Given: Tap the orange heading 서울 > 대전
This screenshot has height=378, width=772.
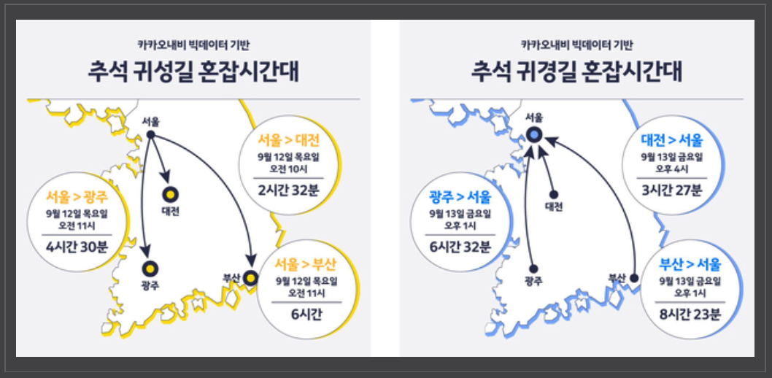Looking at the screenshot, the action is coord(289,141).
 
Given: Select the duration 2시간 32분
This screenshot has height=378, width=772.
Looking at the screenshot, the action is coord(288,190).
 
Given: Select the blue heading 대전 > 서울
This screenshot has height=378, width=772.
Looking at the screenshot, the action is coord(672,141).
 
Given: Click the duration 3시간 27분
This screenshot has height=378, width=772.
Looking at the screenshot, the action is coord(671,190).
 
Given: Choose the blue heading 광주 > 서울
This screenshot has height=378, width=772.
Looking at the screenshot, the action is coord(460,197).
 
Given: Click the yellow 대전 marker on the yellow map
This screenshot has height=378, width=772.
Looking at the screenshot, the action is coord(170,195).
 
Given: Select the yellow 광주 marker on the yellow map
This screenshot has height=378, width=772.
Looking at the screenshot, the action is coord(150,269).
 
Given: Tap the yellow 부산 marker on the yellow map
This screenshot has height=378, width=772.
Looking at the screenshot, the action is coord(251,278).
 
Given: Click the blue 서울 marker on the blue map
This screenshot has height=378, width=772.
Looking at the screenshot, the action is coord(533,134).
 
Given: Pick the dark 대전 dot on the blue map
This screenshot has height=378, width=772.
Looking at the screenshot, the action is coord(553,194).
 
